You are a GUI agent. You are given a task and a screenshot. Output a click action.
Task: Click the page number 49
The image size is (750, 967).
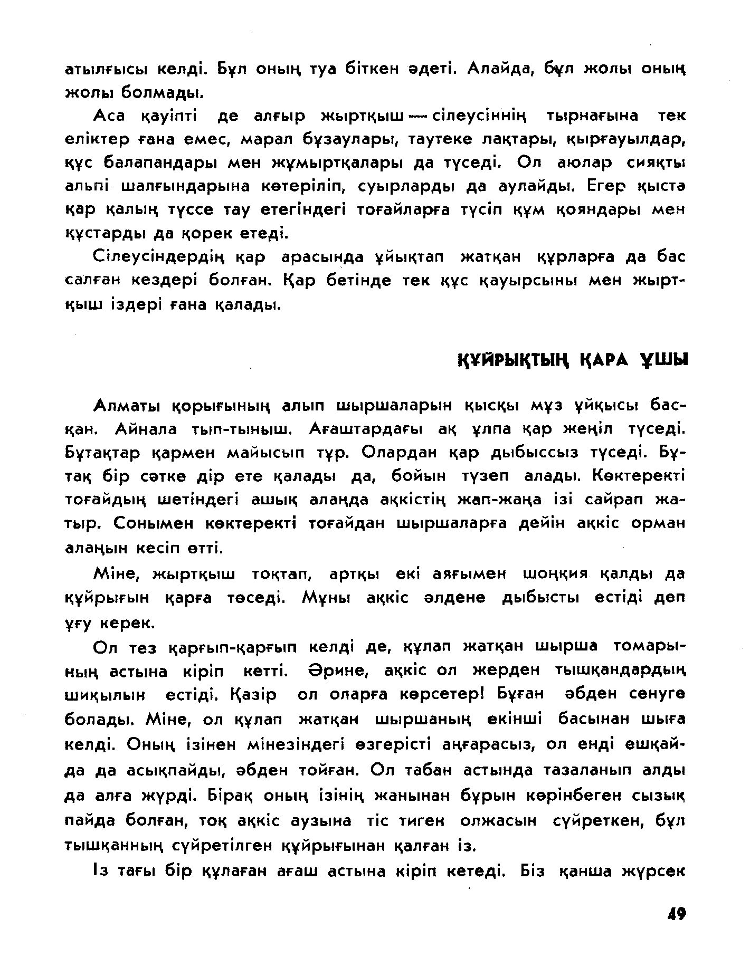click(x=676, y=913)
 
